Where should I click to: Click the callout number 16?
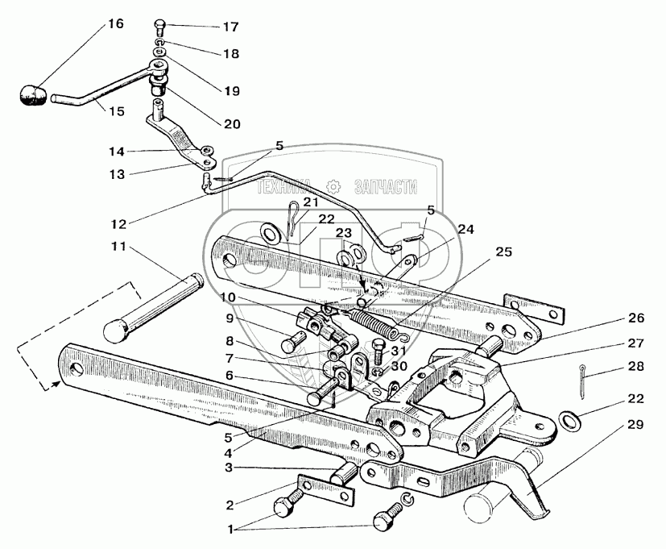point(115,23)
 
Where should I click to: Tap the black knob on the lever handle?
point(31,94)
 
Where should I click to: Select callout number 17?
point(231,27)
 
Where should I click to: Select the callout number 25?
point(503,252)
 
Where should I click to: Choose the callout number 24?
point(466,228)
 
